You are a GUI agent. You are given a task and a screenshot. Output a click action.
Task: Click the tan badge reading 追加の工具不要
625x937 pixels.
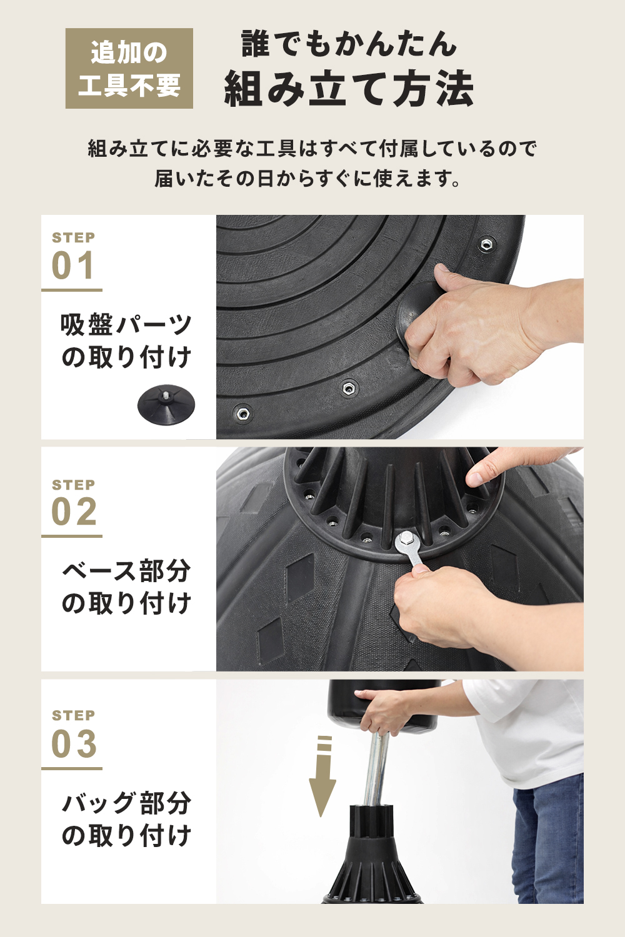[x=129, y=68]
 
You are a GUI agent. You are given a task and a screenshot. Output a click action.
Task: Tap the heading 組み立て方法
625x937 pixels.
[x=349, y=89]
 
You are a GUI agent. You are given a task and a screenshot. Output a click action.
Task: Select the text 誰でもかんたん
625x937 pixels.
[x=349, y=44]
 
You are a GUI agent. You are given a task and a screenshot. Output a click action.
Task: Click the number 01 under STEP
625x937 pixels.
[x=74, y=266]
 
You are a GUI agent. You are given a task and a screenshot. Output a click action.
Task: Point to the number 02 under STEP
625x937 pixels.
[x=74, y=513]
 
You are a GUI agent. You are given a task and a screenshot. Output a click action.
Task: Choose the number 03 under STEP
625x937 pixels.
[x=74, y=744]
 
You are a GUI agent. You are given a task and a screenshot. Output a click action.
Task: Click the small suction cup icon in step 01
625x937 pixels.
[x=166, y=404]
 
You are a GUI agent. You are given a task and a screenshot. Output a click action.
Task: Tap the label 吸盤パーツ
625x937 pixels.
[x=126, y=325]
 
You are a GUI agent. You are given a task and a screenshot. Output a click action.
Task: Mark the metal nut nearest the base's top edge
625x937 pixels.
[x=486, y=244]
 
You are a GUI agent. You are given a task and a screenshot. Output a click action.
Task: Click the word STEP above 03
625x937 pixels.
[x=74, y=715]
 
